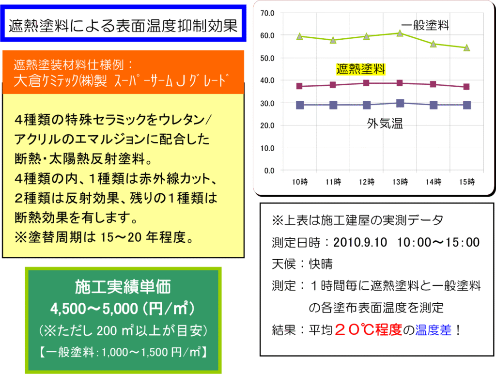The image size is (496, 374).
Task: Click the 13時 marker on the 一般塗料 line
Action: coord(400,33)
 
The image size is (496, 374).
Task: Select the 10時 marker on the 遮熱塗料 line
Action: coord(299,86)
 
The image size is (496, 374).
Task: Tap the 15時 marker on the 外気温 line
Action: coord(466,105)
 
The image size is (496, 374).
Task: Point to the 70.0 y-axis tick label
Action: coord(267,13)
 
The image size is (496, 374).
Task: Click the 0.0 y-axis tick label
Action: coord(269,171)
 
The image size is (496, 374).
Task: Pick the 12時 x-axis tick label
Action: coord(367,182)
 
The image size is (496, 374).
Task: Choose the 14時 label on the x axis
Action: coord(434,182)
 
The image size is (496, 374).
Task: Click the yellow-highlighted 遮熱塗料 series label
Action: coord(360,69)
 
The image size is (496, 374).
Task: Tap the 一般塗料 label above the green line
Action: coord(425,25)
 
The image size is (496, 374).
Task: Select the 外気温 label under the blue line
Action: coord(385,124)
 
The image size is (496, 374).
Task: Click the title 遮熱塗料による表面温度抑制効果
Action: coord(124,26)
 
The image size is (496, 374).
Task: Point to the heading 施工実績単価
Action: coord(123,288)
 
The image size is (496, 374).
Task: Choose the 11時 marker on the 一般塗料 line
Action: coord(333,40)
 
